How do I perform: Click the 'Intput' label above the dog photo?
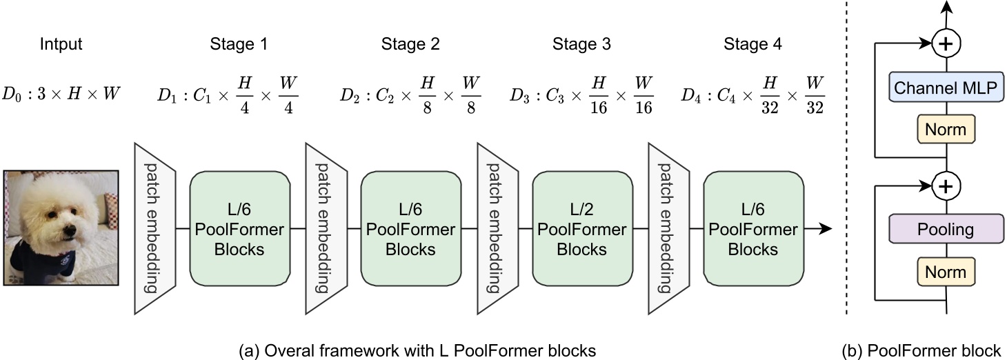(61, 45)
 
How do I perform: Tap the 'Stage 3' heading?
(581, 45)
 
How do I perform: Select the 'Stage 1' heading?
(238, 45)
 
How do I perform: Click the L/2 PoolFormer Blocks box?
(581, 228)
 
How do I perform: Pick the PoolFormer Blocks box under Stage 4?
(753, 228)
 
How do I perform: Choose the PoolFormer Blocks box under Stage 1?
(238, 228)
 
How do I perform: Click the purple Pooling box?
(946, 229)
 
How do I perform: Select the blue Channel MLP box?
(946, 87)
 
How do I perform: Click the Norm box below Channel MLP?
(946, 129)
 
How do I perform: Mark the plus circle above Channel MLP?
(946, 44)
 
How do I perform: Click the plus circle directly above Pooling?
(946, 186)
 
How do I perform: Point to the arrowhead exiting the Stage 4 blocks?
(825, 228)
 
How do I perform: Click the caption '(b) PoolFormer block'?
(921, 350)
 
